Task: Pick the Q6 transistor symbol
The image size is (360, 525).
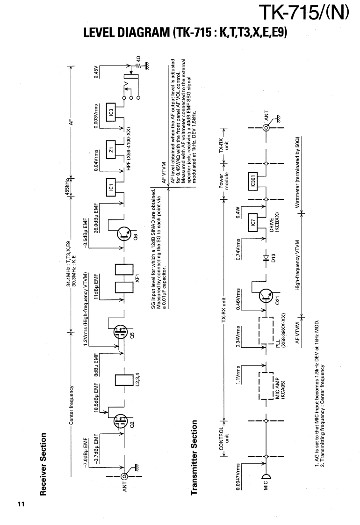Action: [x=123, y=233]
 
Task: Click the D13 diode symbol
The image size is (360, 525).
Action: [x=265, y=257]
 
